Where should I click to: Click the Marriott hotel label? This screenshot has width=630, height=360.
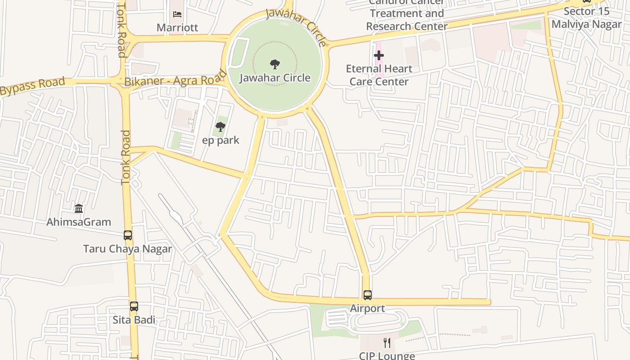click(177, 27)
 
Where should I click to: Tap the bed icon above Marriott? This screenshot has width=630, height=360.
click(177, 14)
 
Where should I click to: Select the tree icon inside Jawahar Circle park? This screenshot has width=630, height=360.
click(274, 64)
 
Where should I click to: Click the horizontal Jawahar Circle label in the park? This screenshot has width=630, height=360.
click(274, 78)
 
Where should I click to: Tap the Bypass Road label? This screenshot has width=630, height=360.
click(32, 87)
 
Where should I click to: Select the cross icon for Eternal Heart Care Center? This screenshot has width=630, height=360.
click(379, 56)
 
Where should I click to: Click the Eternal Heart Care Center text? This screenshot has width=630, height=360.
click(379, 75)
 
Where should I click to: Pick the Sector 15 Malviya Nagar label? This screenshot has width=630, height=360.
click(586, 18)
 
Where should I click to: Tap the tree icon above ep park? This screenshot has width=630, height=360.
click(220, 127)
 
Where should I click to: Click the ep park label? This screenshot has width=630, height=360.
click(220, 140)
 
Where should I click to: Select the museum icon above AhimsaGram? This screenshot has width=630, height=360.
click(79, 208)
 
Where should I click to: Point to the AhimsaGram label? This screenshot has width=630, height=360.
click(79, 222)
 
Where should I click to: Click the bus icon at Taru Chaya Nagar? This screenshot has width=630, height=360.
click(128, 235)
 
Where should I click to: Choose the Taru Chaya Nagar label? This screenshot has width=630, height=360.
click(128, 249)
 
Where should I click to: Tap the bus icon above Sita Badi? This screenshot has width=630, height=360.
click(134, 306)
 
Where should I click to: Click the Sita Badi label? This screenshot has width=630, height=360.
click(134, 320)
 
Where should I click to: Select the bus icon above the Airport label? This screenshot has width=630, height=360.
click(368, 295)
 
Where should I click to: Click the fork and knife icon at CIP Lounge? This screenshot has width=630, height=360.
click(387, 343)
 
